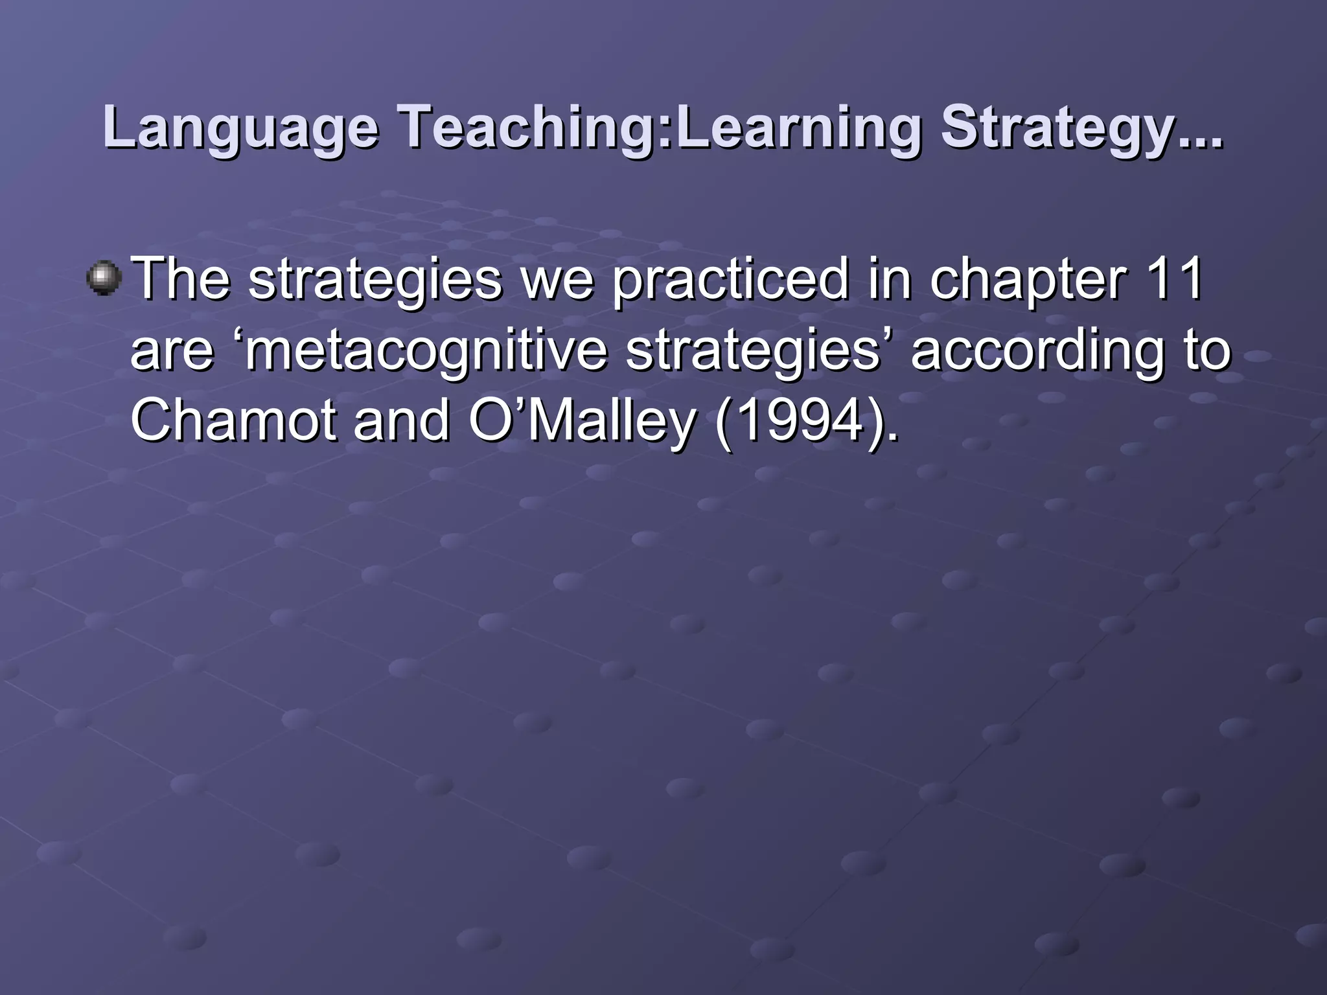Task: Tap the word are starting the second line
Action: [172, 351]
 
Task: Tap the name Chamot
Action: [233, 421]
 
